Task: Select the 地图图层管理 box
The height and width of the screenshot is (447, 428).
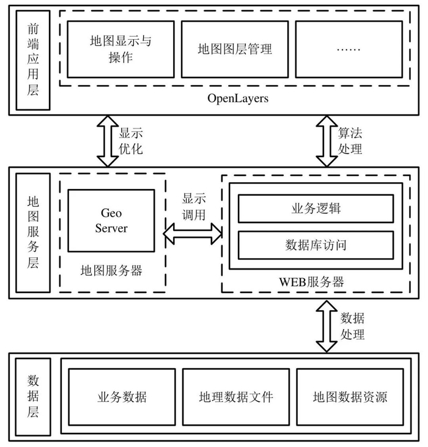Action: click(x=235, y=49)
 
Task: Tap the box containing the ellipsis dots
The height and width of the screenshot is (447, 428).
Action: click(x=349, y=49)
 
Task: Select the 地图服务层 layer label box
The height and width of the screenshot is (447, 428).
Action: click(x=33, y=232)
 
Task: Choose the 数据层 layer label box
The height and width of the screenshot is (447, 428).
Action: click(x=33, y=396)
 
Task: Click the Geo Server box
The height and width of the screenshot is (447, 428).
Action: click(x=111, y=220)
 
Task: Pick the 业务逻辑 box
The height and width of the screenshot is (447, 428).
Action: click(x=315, y=209)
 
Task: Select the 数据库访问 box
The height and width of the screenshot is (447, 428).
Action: click(x=315, y=245)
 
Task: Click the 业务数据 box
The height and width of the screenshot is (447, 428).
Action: click(x=122, y=397)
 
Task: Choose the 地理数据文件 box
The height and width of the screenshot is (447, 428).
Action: click(x=235, y=397)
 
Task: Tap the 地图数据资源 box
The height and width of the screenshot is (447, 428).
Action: click(x=349, y=397)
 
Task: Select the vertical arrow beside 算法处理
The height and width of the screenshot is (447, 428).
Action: click(x=326, y=141)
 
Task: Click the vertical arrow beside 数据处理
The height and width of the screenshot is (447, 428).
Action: click(x=326, y=325)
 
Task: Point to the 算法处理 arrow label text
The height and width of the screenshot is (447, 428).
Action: click(x=350, y=141)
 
